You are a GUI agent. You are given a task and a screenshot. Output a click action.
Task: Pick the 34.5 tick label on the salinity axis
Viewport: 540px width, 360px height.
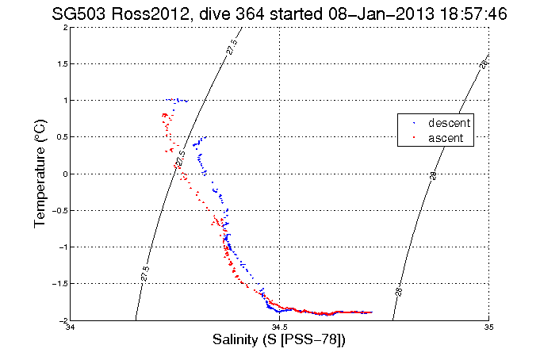(279, 327)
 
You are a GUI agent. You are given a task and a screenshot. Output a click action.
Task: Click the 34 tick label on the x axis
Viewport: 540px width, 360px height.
(71, 327)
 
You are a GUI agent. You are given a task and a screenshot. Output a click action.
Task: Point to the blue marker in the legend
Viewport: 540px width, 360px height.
(413, 124)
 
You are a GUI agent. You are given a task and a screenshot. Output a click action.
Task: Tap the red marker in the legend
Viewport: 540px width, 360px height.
(413, 139)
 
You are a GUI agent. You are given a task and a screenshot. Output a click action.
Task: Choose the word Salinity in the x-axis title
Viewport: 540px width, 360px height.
(236, 340)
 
